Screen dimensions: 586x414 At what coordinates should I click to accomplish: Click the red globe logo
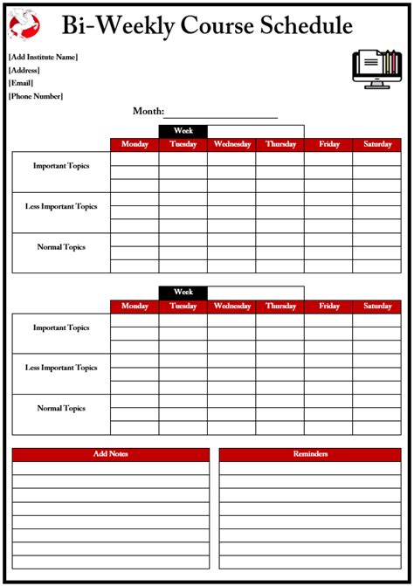[24, 24]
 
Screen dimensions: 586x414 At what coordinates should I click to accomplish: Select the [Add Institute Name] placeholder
[43, 58]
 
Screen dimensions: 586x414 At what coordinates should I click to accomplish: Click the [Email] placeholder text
[21, 83]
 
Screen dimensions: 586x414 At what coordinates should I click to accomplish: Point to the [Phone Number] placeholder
[36, 96]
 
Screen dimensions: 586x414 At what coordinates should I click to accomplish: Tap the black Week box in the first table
[183, 131]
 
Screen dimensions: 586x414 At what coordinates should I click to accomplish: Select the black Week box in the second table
[183, 292]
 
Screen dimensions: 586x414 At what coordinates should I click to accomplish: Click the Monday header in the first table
[135, 144]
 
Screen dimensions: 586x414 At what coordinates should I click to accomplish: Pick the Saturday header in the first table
[377, 144]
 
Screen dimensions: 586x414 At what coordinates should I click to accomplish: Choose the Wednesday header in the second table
[231, 307]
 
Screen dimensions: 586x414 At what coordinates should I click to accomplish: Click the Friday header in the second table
[329, 307]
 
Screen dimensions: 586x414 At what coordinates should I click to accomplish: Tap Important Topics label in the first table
[61, 166]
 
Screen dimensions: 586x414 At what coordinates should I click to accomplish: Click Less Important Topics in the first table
[61, 207]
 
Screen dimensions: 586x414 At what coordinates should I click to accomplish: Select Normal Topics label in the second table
[61, 408]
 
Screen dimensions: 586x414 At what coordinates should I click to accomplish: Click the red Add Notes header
[111, 454]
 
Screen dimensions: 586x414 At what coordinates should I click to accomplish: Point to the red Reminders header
[311, 454]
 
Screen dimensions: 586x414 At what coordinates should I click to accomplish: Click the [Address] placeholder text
[24, 70]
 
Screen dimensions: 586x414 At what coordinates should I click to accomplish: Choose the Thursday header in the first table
[280, 144]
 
